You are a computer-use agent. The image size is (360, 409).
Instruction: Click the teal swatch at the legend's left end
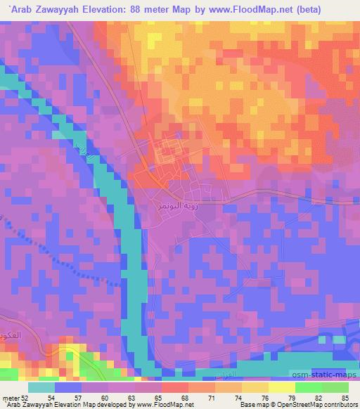pyautogui.click(x=41, y=387)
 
